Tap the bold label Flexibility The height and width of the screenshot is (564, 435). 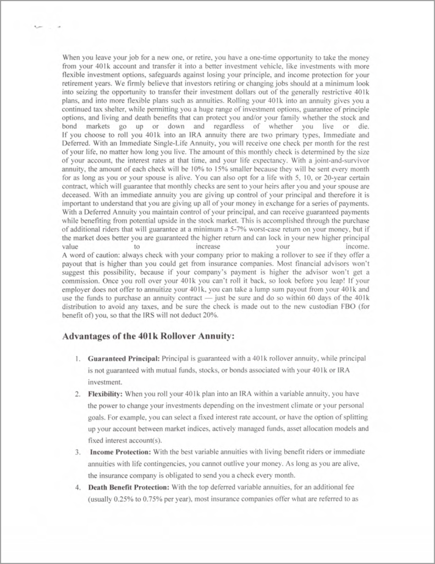pos(106,394)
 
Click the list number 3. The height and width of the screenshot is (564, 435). pos(78,452)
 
